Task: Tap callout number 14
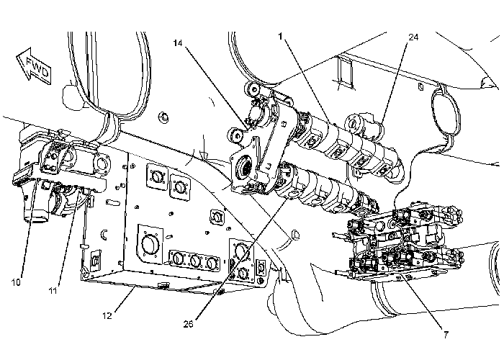[178, 42]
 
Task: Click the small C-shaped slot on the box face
[105, 233]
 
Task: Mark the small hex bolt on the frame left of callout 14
[165, 114]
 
